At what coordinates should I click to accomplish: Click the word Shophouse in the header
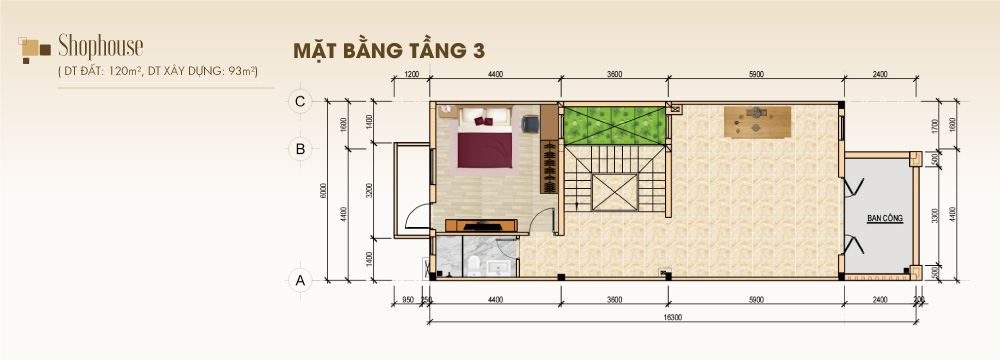click(x=100, y=45)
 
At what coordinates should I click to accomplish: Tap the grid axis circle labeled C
click(x=297, y=100)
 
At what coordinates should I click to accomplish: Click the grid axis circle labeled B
click(x=297, y=148)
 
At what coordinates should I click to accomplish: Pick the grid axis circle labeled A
click(x=297, y=280)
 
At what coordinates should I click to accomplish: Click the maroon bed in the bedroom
click(x=485, y=145)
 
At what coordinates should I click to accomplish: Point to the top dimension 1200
click(x=410, y=74)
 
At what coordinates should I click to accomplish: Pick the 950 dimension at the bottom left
click(x=408, y=299)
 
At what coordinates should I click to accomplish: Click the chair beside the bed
click(x=530, y=124)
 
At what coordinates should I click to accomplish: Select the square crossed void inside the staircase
click(x=614, y=191)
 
